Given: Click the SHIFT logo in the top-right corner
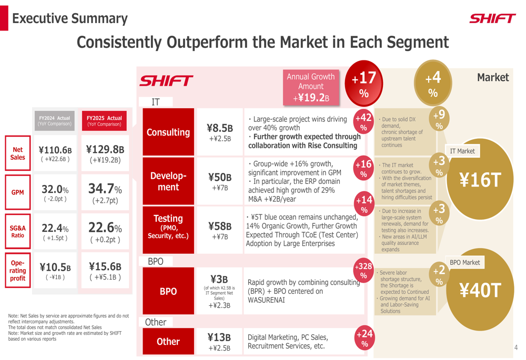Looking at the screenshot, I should click(x=492, y=19).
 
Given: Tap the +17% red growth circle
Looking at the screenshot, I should click(x=363, y=84).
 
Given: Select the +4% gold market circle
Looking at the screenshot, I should click(x=433, y=84).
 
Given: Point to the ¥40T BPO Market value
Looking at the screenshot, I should click(x=479, y=290).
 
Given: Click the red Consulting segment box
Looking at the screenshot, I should click(x=168, y=132).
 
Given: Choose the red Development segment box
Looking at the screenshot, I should click(x=168, y=181).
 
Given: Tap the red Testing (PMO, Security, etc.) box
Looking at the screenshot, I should click(x=168, y=227).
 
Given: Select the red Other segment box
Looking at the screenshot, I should click(x=168, y=342).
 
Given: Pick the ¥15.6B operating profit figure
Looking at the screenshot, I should click(x=105, y=266).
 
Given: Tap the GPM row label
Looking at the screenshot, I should click(x=17, y=192).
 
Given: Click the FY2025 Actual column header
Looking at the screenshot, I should click(x=104, y=121).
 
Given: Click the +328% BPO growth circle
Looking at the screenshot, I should click(x=363, y=270).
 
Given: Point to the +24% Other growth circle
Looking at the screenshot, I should click(x=365, y=338).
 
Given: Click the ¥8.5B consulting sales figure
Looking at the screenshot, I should click(x=219, y=128).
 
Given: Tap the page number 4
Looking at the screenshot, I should click(x=516, y=347).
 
